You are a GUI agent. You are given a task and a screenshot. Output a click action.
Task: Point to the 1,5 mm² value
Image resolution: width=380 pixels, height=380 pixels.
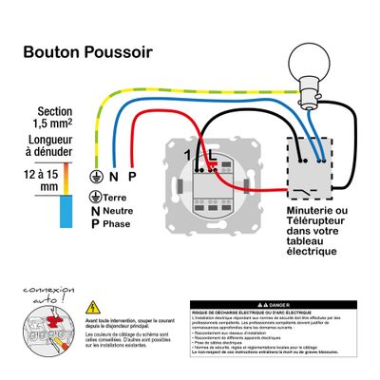click(47, 124)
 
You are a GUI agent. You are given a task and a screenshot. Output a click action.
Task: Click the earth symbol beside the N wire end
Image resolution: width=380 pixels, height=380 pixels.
click(94, 177)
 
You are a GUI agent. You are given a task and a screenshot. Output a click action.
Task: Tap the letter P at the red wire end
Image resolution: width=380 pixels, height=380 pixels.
click(131, 177)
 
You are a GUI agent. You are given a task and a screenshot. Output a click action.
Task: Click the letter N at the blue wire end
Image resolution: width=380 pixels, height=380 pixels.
click(113, 177)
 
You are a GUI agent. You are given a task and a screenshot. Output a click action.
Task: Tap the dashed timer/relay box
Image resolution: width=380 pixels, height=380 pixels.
click(307, 171)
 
